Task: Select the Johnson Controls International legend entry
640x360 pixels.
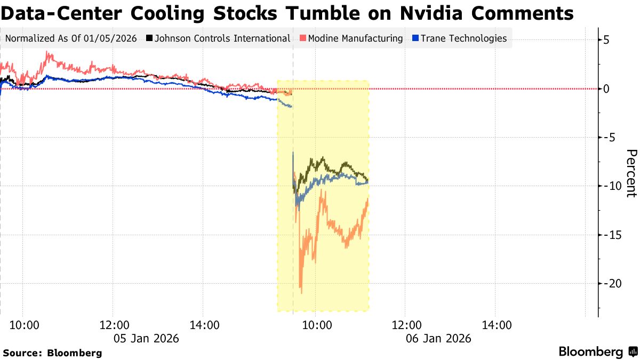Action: click(x=222, y=38)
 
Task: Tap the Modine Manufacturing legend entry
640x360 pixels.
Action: click(x=355, y=38)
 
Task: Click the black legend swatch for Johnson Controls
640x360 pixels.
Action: click(x=150, y=38)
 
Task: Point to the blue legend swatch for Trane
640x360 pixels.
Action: click(x=416, y=38)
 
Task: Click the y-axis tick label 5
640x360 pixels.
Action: click(x=607, y=40)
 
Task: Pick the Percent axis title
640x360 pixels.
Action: click(x=630, y=173)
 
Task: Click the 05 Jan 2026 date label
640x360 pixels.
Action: click(x=146, y=338)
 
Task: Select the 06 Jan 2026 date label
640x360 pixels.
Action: click(x=438, y=338)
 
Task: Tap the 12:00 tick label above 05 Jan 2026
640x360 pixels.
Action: click(x=114, y=325)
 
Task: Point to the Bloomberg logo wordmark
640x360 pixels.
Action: click(x=591, y=352)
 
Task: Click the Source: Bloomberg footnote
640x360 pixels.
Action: click(x=52, y=353)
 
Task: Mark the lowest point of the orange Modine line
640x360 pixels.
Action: click(x=301, y=293)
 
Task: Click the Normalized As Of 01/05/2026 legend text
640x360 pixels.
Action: click(x=71, y=38)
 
